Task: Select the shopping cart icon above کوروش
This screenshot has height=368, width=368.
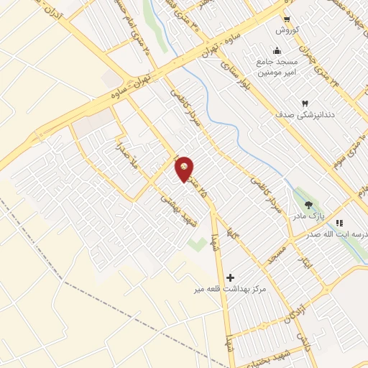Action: click(287, 19)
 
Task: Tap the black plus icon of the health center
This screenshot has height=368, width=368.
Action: click(230, 277)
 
